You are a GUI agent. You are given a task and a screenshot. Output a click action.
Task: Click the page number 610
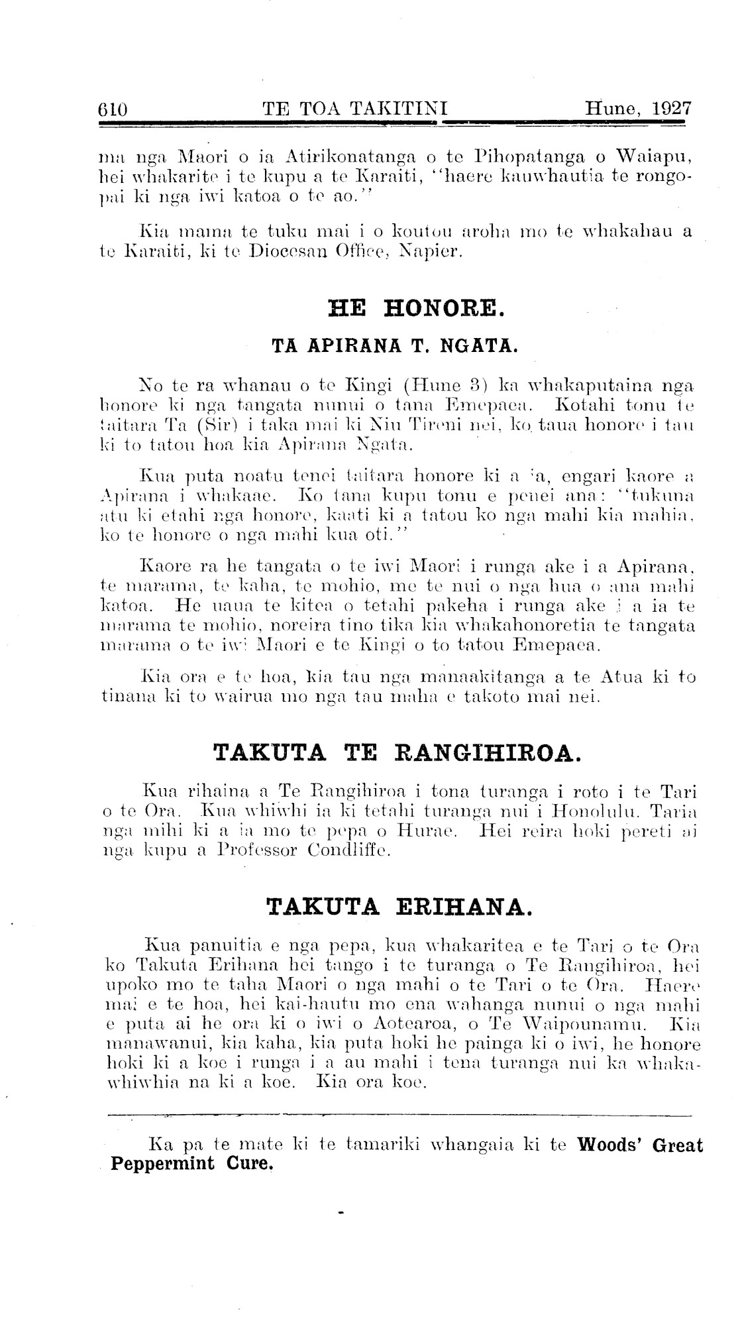coord(112,109)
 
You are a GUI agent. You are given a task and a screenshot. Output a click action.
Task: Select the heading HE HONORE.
coord(417,309)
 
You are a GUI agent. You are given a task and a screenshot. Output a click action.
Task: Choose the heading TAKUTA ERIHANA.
coord(399,907)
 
